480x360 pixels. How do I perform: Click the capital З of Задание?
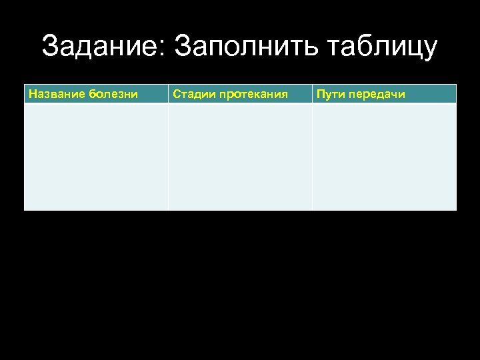pyautogui.click(x=51, y=47)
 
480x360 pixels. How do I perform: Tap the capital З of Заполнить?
pyautogui.click(x=183, y=47)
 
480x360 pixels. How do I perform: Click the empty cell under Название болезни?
pyautogui.click(x=96, y=157)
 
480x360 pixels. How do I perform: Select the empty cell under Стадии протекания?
pyautogui.click(x=240, y=157)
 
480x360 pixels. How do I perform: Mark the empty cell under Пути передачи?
pyautogui.click(x=385, y=157)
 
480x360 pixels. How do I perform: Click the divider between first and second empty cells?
pyautogui.click(x=168, y=157)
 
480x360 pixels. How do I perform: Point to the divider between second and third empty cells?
pyautogui.click(x=312, y=157)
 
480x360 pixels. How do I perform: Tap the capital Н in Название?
pyautogui.click(x=32, y=94)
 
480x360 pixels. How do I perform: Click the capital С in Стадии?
pyautogui.click(x=176, y=94)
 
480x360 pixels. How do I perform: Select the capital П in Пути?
pyautogui.click(x=321, y=94)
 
